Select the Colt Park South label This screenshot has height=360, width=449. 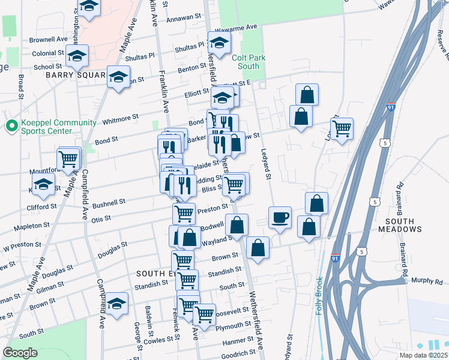tap(248, 62)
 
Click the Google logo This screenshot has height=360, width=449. tap(20, 353)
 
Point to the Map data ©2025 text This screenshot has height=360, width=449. tap(423, 355)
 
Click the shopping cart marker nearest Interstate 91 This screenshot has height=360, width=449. tap(342, 128)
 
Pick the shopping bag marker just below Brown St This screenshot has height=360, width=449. tap(258, 247)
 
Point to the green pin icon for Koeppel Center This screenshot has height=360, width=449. tap(10, 127)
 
